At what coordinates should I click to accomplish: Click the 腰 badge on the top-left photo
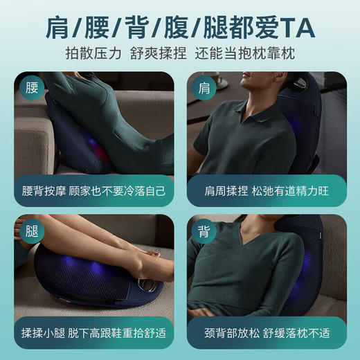[29, 90]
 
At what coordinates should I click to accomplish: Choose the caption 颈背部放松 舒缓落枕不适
[267, 331]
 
